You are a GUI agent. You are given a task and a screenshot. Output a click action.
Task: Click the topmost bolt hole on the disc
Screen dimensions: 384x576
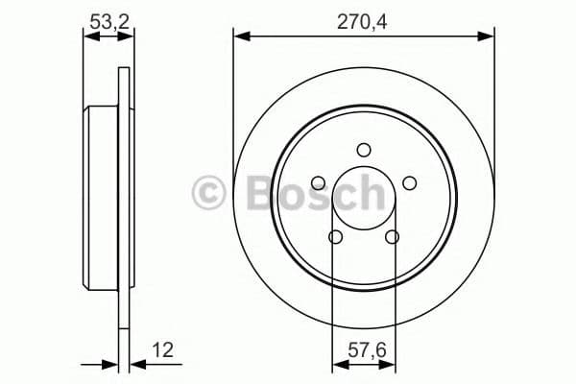point(363,149)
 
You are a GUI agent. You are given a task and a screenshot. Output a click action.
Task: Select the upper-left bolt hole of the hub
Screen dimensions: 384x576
point(318,183)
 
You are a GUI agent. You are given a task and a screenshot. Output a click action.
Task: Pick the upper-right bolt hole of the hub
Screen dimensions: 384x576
point(409,183)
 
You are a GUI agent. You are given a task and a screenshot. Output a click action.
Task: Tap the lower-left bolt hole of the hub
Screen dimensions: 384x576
point(335,237)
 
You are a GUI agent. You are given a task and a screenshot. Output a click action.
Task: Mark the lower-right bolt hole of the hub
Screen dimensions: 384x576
point(392,237)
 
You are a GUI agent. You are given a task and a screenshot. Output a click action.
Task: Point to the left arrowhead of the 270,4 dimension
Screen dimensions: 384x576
point(240,37)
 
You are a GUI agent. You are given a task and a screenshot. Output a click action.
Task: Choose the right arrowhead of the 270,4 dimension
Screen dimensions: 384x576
point(487,37)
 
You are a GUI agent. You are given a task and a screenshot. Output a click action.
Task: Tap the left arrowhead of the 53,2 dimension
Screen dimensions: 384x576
point(89,37)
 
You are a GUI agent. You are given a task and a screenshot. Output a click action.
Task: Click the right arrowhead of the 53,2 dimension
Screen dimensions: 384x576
point(122,37)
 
